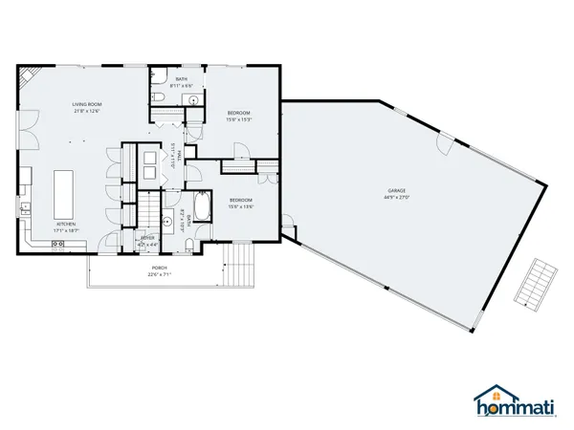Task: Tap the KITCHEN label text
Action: [x=66, y=225]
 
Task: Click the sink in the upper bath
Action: [x=192, y=99]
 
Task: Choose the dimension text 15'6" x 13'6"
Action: [x=239, y=207]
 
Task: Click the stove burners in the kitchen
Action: [x=57, y=245]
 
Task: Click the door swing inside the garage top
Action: [x=443, y=146]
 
